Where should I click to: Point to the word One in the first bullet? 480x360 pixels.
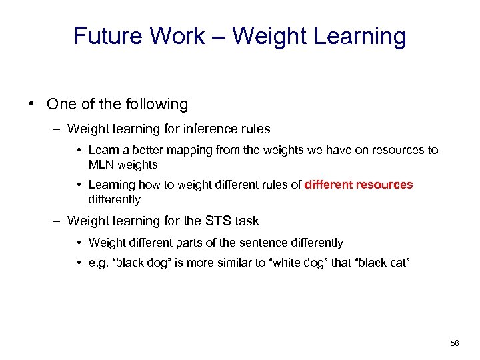(x=61, y=104)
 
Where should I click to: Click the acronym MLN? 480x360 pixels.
(x=102, y=164)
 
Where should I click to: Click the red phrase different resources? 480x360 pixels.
(x=359, y=185)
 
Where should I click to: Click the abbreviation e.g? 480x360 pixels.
(x=97, y=263)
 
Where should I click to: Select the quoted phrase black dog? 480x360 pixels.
(x=137, y=263)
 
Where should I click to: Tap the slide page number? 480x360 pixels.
(x=455, y=343)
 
